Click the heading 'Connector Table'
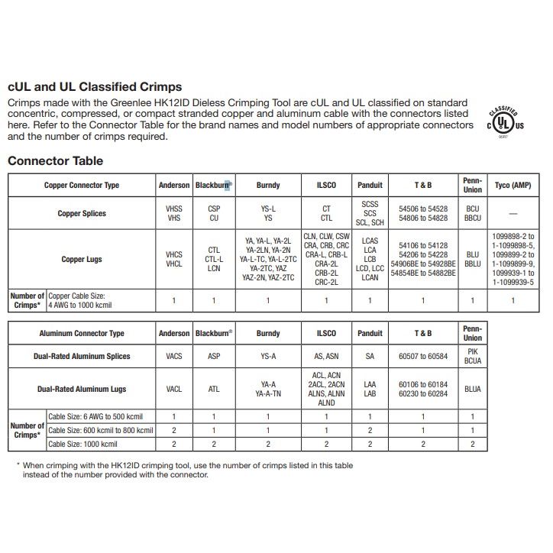tap(55, 161)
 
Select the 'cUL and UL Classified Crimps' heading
tap(95, 87)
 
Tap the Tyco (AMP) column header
tap(513, 185)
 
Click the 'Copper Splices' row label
tap(82, 213)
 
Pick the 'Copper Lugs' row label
tap(82, 259)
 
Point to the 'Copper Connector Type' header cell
tap(82, 185)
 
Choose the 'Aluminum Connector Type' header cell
tap(82, 333)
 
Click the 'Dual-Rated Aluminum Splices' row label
tap(82, 356)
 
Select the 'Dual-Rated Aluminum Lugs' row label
tap(82, 389)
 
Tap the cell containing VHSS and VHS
tap(174, 213)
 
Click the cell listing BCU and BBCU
tap(473, 213)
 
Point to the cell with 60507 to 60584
tap(422, 356)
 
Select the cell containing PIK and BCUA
tap(473, 356)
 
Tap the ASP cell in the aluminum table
tap(214, 356)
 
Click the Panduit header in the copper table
tap(370, 185)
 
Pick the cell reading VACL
tap(174, 389)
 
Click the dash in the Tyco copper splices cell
tap(513, 214)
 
